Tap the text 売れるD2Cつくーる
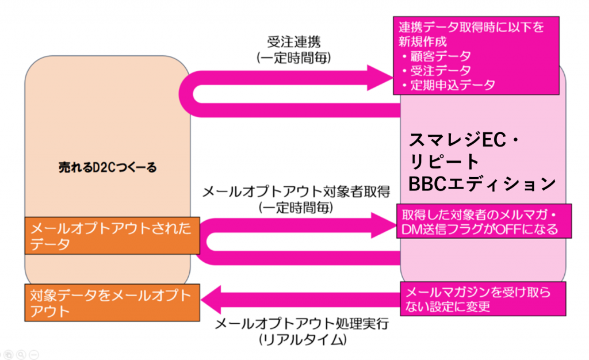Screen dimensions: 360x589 coord(108,167)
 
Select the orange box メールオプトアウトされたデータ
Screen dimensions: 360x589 coord(112,236)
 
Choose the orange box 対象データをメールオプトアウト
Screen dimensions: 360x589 coord(112,303)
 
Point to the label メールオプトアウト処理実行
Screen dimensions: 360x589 coord(302,324)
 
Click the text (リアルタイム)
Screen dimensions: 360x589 coord(302,339)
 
